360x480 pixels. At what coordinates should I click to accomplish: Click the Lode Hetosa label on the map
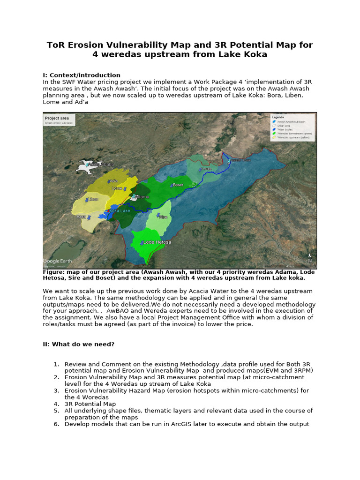(x=157, y=242)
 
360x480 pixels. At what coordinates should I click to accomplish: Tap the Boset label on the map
(x=178, y=185)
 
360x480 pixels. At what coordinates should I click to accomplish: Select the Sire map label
(x=164, y=217)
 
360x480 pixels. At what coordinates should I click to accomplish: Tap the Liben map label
(x=94, y=199)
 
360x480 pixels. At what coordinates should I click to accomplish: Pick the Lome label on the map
(x=117, y=188)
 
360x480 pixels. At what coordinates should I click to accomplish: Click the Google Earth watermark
(x=58, y=261)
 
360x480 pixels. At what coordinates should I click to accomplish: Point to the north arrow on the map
(x=310, y=258)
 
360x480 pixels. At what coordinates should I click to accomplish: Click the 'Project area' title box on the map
(x=59, y=120)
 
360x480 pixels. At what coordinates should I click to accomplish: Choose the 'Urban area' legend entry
(x=285, y=126)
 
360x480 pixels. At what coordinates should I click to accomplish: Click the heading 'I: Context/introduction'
(x=82, y=75)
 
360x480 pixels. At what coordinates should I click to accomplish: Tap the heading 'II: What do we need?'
(x=78, y=345)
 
